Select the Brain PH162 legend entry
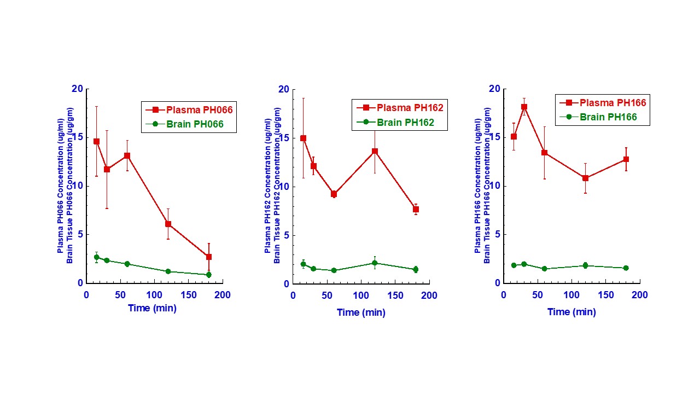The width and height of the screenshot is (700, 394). tap(400, 123)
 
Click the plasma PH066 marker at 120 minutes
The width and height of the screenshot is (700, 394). tap(168, 224)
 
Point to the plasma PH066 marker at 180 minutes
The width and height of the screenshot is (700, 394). tap(208, 257)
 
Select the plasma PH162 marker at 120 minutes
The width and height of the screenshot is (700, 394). tap(375, 151)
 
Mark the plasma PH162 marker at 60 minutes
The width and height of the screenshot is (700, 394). tap(334, 194)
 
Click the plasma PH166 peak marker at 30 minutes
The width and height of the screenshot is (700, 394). tap(524, 107)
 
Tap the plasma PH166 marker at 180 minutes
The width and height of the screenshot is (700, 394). tap(626, 159)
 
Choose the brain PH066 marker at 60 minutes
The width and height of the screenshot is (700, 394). tap(127, 264)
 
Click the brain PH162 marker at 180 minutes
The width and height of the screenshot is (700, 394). tap(416, 269)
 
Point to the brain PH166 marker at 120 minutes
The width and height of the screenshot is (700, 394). tap(585, 265)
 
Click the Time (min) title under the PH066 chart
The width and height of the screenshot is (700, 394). tap(152, 308)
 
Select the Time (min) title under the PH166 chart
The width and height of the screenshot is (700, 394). tap(571, 312)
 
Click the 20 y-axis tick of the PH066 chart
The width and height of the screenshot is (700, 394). tap(77, 89)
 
